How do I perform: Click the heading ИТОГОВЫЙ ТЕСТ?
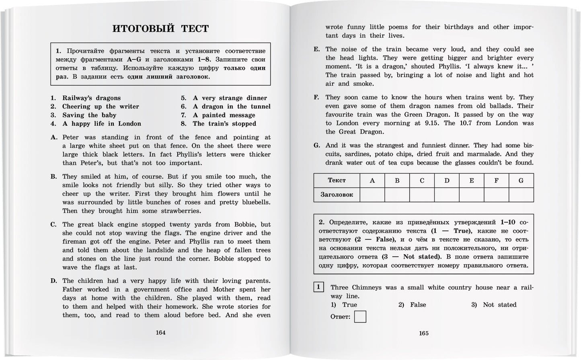(160, 29)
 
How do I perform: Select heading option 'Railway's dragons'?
(91, 98)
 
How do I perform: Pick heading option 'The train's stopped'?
(224, 124)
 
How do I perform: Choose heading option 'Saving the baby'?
(89, 115)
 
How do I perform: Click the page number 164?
(160, 333)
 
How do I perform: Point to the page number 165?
(424, 333)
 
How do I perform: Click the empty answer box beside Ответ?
(360, 317)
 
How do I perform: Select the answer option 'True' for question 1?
(349, 305)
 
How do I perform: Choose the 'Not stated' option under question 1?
(499, 305)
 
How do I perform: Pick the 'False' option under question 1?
(418, 305)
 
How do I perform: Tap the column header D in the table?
(447, 181)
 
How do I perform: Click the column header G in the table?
(521, 181)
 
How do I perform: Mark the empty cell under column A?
(372, 195)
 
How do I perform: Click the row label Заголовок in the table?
(337, 195)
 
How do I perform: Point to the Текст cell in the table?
(337, 181)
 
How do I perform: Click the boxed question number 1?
(318, 287)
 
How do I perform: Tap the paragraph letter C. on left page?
(53, 225)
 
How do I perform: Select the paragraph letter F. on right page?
(316, 97)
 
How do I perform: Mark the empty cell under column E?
(472, 195)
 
